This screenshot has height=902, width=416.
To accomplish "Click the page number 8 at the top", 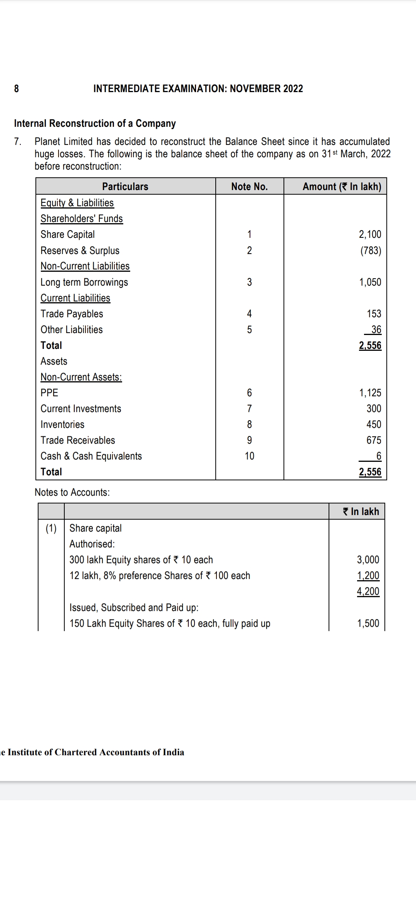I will click(17, 89).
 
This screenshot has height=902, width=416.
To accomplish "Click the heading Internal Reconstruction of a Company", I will click(95, 123).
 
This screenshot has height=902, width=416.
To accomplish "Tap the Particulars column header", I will click(125, 187).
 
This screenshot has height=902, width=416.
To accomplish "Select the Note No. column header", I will click(249, 187).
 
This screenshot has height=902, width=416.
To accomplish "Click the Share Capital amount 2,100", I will click(370, 234).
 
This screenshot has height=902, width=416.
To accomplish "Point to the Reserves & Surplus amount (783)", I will click(371, 251).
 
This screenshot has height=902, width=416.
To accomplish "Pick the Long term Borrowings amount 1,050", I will click(370, 282).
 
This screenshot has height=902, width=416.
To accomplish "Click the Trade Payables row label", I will click(72, 314).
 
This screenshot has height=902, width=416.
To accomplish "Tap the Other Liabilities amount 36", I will click(376, 330).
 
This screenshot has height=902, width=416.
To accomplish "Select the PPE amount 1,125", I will click(370, 393).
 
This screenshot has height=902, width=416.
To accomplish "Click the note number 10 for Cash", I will click(249, 456).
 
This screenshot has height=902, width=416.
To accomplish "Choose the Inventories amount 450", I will click(374, 424).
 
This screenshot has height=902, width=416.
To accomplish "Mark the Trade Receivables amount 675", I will click(374, 440).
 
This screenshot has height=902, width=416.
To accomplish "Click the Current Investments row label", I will click(81, 409).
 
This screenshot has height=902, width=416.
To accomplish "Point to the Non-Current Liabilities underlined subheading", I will click(85, 266).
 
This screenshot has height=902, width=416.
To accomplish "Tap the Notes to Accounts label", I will click(72, 492).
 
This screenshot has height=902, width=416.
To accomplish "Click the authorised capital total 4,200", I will click(368, 591).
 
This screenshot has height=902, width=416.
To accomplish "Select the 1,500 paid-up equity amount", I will click(368, 623).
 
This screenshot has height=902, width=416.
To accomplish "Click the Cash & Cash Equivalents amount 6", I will click(379, 456).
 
